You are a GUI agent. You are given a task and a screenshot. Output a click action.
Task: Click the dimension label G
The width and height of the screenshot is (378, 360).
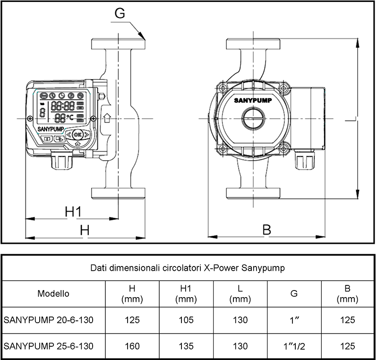[120, 14]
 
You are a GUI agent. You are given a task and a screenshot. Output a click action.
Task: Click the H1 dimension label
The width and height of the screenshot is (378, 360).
[74, 212]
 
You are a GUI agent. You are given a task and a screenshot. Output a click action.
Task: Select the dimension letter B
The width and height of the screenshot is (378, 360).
[266, 230]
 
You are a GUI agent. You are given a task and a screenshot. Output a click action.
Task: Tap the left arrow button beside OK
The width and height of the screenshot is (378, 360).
[69, 135]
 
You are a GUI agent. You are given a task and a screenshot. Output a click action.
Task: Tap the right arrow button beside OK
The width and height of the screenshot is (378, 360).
[86, 135]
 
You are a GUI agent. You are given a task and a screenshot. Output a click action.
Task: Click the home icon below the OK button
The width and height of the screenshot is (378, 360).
[77, 144]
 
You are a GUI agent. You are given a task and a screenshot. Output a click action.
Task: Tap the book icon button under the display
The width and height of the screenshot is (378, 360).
[48, 139]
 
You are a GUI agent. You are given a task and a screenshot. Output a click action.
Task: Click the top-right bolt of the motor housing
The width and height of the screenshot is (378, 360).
[283, 88]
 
